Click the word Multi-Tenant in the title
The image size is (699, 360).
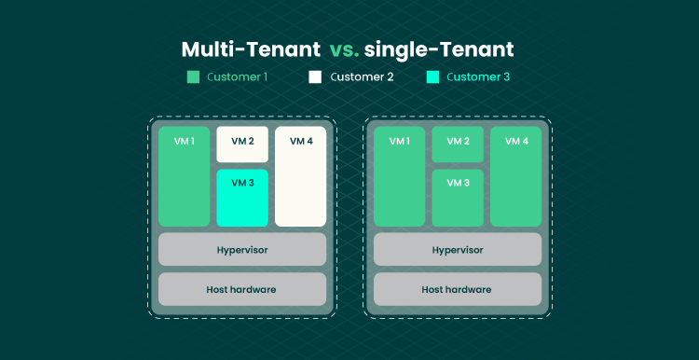pyautogui.click(x=251, y=49)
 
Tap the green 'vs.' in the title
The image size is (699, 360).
pyautogui.click(x=345, y=50)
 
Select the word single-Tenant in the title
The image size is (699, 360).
pyautogui.click(x=439, y=49)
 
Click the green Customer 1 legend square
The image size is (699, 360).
pyautogui.click(x=193, y=77)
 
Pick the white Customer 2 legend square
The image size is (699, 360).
pyautogui.click(x=315, y=77)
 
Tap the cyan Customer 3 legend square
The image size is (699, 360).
pyautogui.click(x=432, y=77)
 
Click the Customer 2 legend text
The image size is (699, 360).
pyautogui.click(x=362, y=77)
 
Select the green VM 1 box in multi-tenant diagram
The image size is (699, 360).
pyautogui.click(x=185, y=176)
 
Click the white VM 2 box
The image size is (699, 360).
pyautogui.click(x=242, y=144)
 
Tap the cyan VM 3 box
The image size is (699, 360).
pyautogui.click(x=242, y=198)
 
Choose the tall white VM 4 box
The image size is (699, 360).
pyautogui.click(x=300, y=176)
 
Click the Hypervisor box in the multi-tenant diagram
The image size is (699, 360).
pyautogui.click(x=242, y=249)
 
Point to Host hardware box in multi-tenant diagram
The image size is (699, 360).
pyautogui.click(x=242, y=289)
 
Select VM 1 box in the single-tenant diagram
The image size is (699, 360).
pyautogui.click(x=400, y=176)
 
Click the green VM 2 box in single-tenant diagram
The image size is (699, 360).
pyautogui.click(x=458, y=144)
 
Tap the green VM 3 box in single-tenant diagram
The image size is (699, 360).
pyautogui.click(x=458, y=198)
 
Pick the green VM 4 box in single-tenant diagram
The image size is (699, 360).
pyautogui.click(x=515, y=176)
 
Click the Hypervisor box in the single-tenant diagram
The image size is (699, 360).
pyautogui.click(x=458, y=249)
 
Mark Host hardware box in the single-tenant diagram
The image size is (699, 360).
pyautogui.click(x=458, y=289)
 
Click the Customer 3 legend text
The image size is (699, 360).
pyautogui.click(x=478, y=77)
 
